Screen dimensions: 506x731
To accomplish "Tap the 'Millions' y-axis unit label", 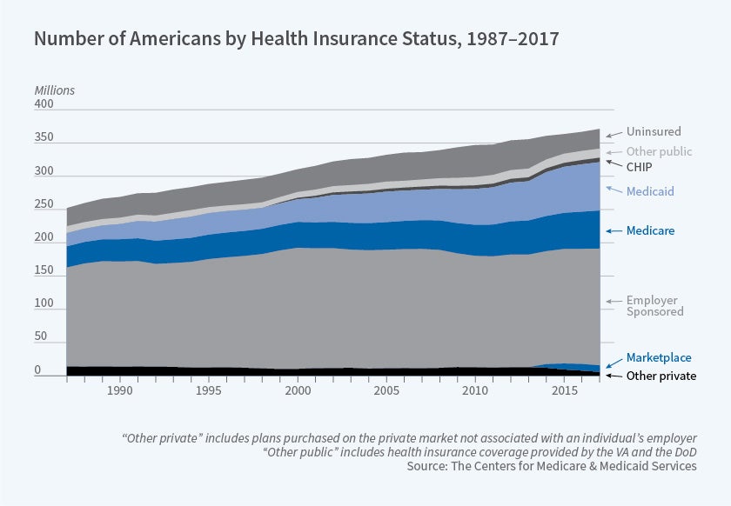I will (x=55, y=90).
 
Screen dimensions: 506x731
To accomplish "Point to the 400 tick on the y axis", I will (x=44, y=104).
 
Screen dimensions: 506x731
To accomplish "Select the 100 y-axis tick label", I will (x=44, y=309).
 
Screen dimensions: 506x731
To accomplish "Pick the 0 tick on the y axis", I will (x=37, y=370).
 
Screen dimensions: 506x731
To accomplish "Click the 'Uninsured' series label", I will (x=654, y=133).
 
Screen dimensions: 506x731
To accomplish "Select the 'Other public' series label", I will (x=659, y=151).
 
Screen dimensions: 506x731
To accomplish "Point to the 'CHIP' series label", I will (x=640, y=166).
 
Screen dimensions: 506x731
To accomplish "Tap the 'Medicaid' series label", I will (x=650, y=190).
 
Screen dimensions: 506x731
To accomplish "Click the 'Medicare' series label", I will (x=651, y=231).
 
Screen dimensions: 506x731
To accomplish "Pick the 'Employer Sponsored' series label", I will (x=654, y=306).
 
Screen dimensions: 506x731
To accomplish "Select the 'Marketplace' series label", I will (x=659, y=357).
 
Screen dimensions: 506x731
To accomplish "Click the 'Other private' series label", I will (x=661, y=376).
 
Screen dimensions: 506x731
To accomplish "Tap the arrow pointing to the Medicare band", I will (x=614, y=231).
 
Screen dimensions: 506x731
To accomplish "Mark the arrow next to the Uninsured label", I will (x=614, y=134).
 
